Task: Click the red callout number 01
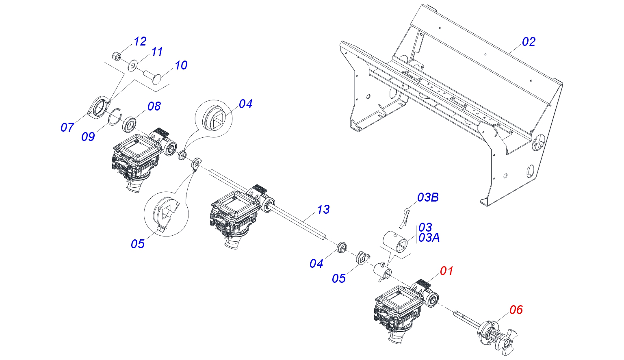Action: [x=446, y=271]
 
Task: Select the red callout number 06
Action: [x=516, y=310]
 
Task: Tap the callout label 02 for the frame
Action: [x=529, y=42]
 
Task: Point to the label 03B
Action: [x=428, y=197]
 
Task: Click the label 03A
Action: [x=429, y=238]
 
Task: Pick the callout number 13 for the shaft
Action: [x=323, y=210]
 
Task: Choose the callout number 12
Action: [x=140, y=41]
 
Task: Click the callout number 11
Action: [x=157, y=52]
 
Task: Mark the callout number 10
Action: [x=181, y=65]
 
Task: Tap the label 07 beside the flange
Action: [x=67, y=128]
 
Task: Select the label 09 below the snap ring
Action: [x=88, y=137]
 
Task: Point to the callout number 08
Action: [x=154, y=106]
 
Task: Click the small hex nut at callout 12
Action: [x=116, y=55]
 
